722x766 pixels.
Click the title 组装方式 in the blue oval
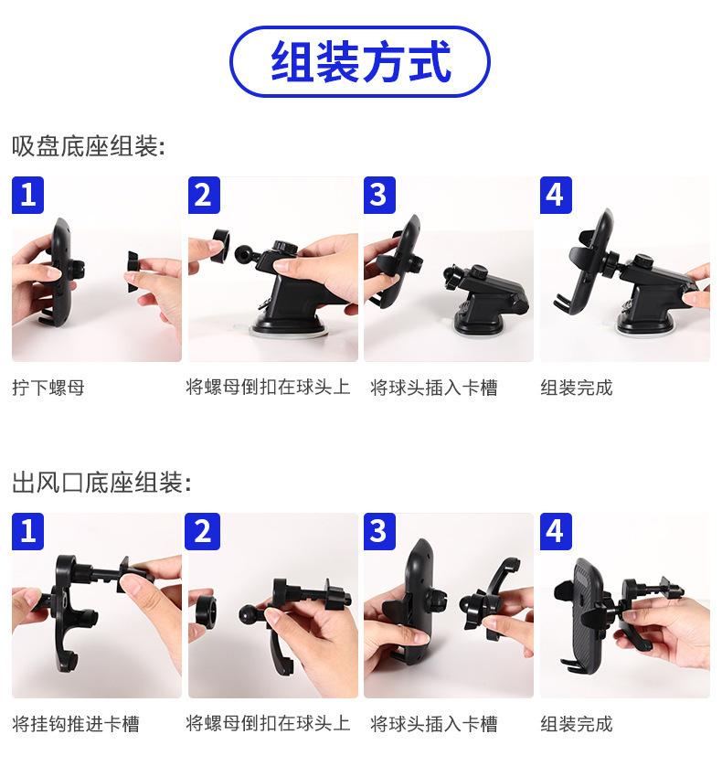pyautogui.click(x=360, y=61)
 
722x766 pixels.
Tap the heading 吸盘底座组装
pyautogui.click(x=89, y=146)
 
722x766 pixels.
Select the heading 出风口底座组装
pyautogui.click(x=101, y=483)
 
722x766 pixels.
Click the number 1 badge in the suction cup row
pyautogui.click(x=27, y=195)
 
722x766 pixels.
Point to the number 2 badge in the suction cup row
pyautogui.click(x=204, y=195)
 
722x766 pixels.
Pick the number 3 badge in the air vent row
pyautogui.click(x=379, y=531)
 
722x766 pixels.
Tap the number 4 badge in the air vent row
pyautogui.click(x=556, y=531)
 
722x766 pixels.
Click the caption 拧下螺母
pyautogui.click(x=48, y=388)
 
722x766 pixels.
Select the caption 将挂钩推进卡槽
pyautogui.click(x=76, y=724)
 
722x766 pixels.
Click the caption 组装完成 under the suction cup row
pyautogui.click(x=577, y=388)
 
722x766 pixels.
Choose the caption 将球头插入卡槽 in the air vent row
pyautogui.click(x=434, y=724)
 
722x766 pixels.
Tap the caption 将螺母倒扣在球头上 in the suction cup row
pyautogui.click(x=268, y=388)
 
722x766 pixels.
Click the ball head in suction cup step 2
pyautogui.click(x=244, y=252)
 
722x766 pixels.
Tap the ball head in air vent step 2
pyautogui.click(x=249, y=613)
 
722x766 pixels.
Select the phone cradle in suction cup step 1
pyautogui.click(x=62, y=273)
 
